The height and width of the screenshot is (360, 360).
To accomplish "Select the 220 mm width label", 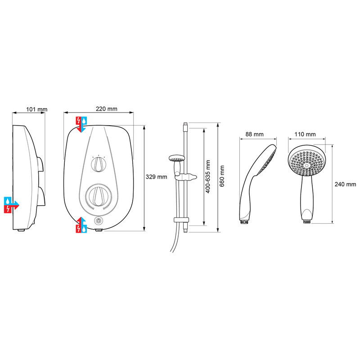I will coord(107,109).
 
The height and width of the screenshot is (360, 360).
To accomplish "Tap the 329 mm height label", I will coord(157,177).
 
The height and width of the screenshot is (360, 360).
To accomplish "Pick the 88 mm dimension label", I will coord(255,134).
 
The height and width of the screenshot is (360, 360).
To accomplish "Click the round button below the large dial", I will coord(99,221).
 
